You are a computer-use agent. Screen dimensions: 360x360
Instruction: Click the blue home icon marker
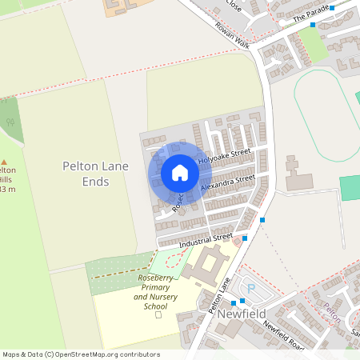(180, 173)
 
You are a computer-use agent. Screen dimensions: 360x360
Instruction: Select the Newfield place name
(240, 315)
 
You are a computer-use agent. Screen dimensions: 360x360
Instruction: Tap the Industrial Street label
(206, 239)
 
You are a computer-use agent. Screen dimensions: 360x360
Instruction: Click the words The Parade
(311, 14)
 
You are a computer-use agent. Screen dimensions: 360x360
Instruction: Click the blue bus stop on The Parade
(313, 25)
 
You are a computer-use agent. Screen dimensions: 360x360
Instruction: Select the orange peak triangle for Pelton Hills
(2, 161)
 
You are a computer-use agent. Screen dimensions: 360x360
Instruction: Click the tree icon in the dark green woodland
(10, 122)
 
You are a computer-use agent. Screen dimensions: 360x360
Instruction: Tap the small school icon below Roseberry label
(158, 314)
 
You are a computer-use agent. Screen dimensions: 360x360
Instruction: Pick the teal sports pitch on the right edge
(350, 188)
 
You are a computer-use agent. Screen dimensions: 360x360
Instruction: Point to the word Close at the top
(234, 3)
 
